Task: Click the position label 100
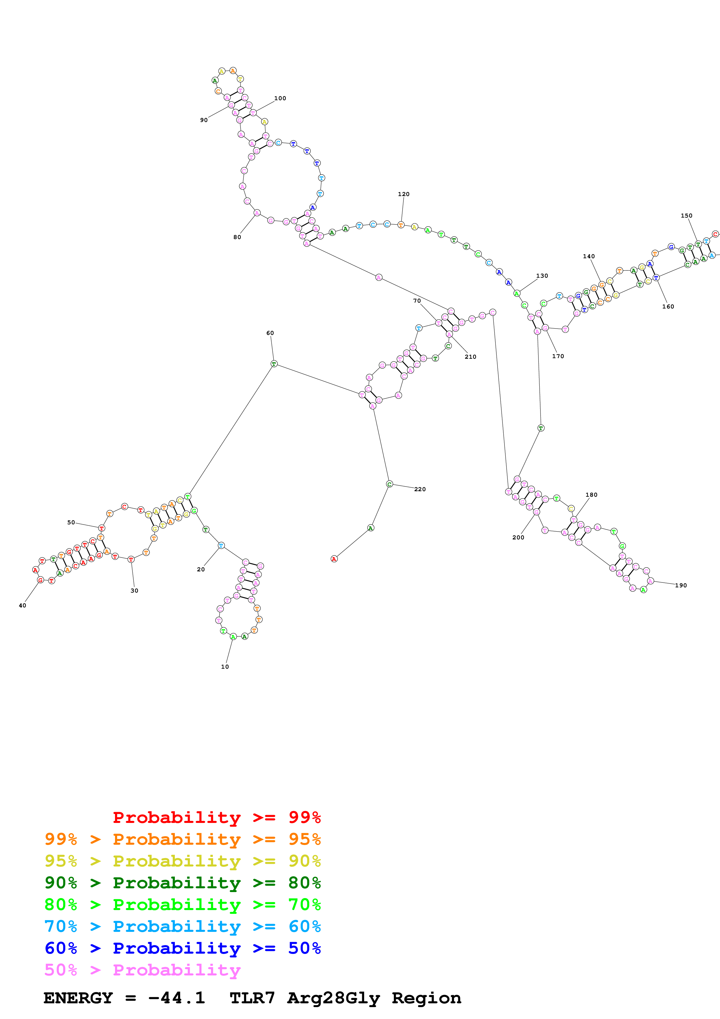[280, 98]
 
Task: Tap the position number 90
[204, 120]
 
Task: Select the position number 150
[686, 216]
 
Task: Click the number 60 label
[270, 333]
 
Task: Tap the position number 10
[225, 667]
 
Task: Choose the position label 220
[420, 489]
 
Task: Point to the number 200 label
[518, 537]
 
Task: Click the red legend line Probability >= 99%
[216, 817]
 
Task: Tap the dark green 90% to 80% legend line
[182, 883]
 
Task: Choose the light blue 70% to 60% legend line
[182, 926]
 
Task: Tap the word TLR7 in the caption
[252, 998]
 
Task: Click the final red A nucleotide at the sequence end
[334, 559]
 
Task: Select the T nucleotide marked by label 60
[274, 364]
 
